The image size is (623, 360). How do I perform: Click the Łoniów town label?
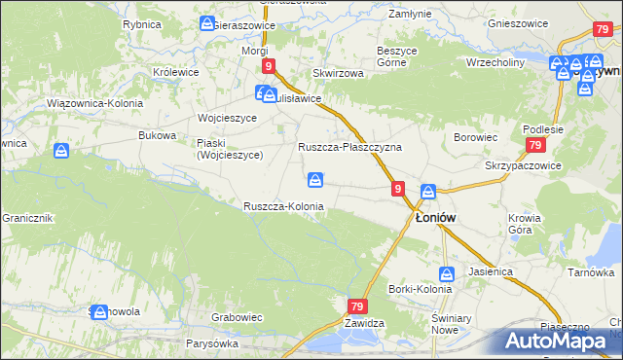click(438, 219)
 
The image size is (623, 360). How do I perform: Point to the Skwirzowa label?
click(338, 73)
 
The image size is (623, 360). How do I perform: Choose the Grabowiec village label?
click(238, 316)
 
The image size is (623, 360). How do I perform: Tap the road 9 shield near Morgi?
click(268, 65)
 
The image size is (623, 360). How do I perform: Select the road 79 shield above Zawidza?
click(356, 306)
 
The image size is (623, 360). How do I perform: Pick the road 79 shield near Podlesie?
click(534, 145)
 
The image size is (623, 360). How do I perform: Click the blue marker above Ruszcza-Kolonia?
click(315, 179)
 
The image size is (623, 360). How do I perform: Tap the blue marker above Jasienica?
click(447, 274)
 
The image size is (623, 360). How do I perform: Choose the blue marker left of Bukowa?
click(61, 151)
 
